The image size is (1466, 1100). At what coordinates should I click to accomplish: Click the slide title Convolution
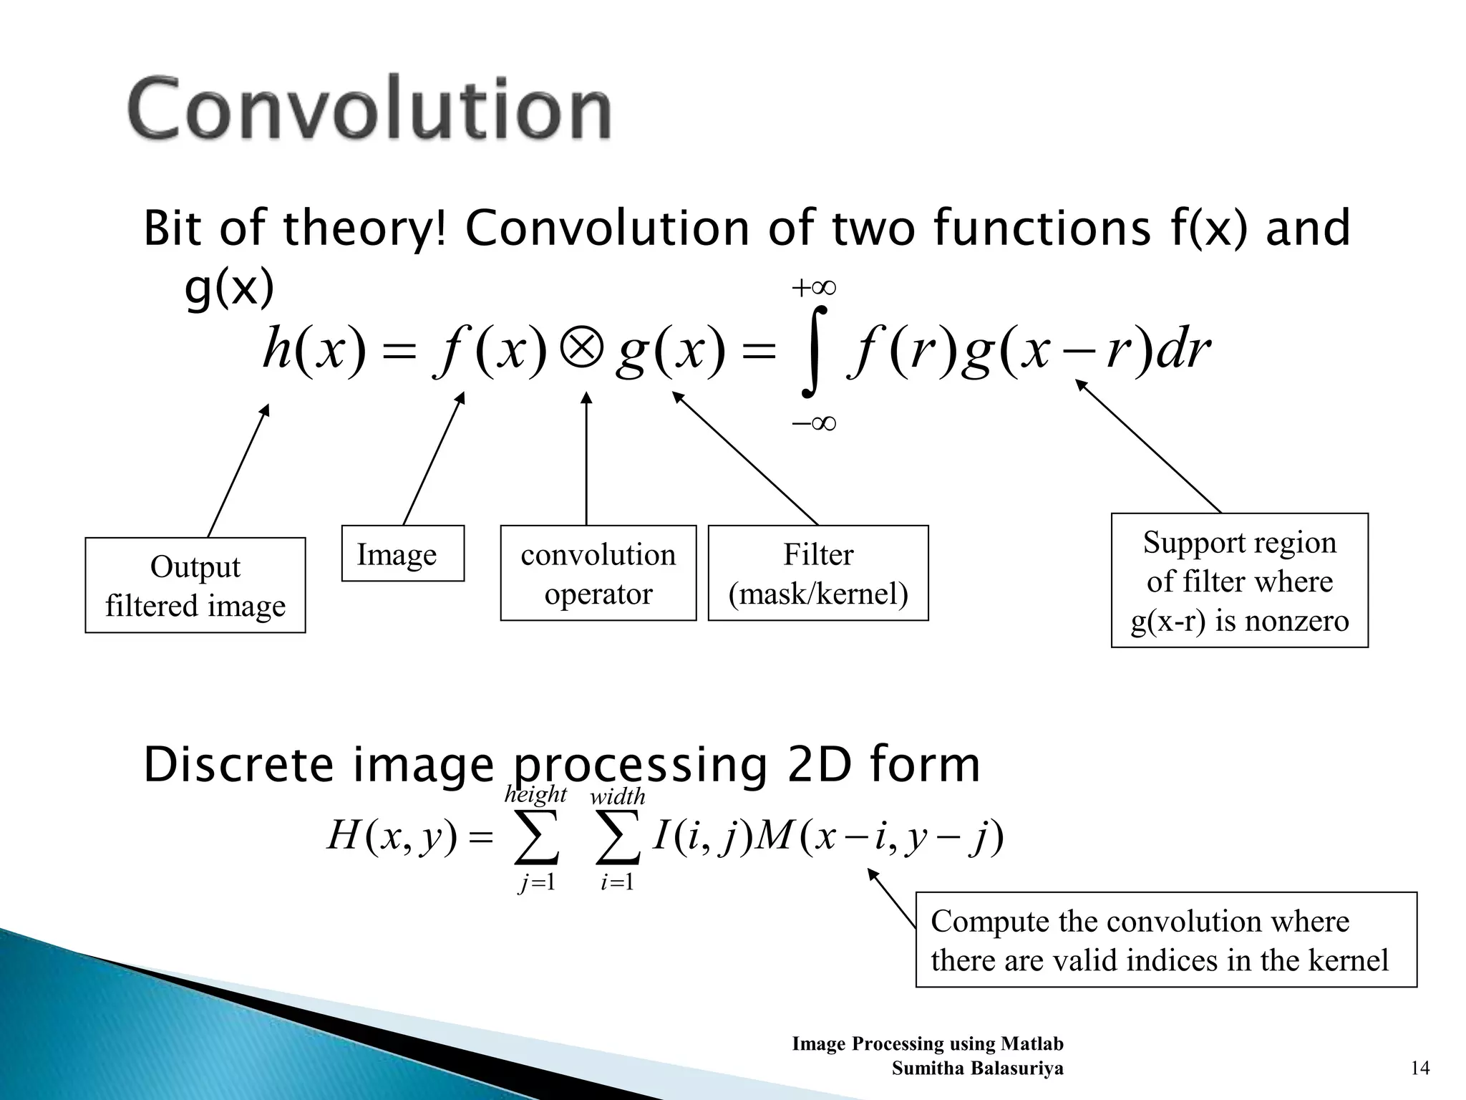point(369,109)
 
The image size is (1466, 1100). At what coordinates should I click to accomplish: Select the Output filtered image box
point(195,585)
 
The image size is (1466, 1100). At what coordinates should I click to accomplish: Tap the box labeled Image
point(402,554)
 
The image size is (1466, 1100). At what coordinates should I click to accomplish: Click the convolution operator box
point(598,573)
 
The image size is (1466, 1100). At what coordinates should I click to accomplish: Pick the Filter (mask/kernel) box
point(817,573)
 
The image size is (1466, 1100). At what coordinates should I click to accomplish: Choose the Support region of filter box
point(1239,580)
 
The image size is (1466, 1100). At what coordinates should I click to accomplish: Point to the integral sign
point(814,352)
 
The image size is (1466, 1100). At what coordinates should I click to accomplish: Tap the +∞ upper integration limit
point(814,289)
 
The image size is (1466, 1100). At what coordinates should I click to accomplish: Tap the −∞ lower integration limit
point(814,423)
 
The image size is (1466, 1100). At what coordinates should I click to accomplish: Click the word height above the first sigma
point(535,794)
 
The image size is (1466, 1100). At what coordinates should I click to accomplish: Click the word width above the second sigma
point(617,796)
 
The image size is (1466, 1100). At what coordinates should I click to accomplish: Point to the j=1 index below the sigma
point(537,882)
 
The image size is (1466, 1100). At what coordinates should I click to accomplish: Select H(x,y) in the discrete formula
point(391,836)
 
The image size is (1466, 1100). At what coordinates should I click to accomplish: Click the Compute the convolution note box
point(1165,940)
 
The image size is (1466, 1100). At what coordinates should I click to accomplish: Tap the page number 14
point(1419,1068)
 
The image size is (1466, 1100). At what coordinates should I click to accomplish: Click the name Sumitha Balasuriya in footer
point(977,1068)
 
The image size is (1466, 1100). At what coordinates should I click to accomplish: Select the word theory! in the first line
point(365,228)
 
